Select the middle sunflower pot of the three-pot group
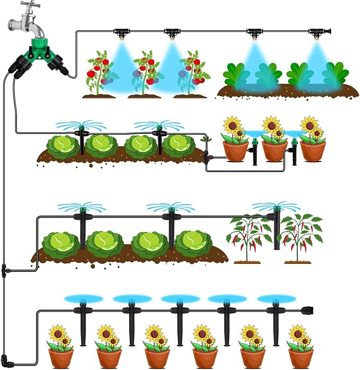click(274, 141)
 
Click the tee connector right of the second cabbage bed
click(207, 158)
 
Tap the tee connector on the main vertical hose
click(4, 271)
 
